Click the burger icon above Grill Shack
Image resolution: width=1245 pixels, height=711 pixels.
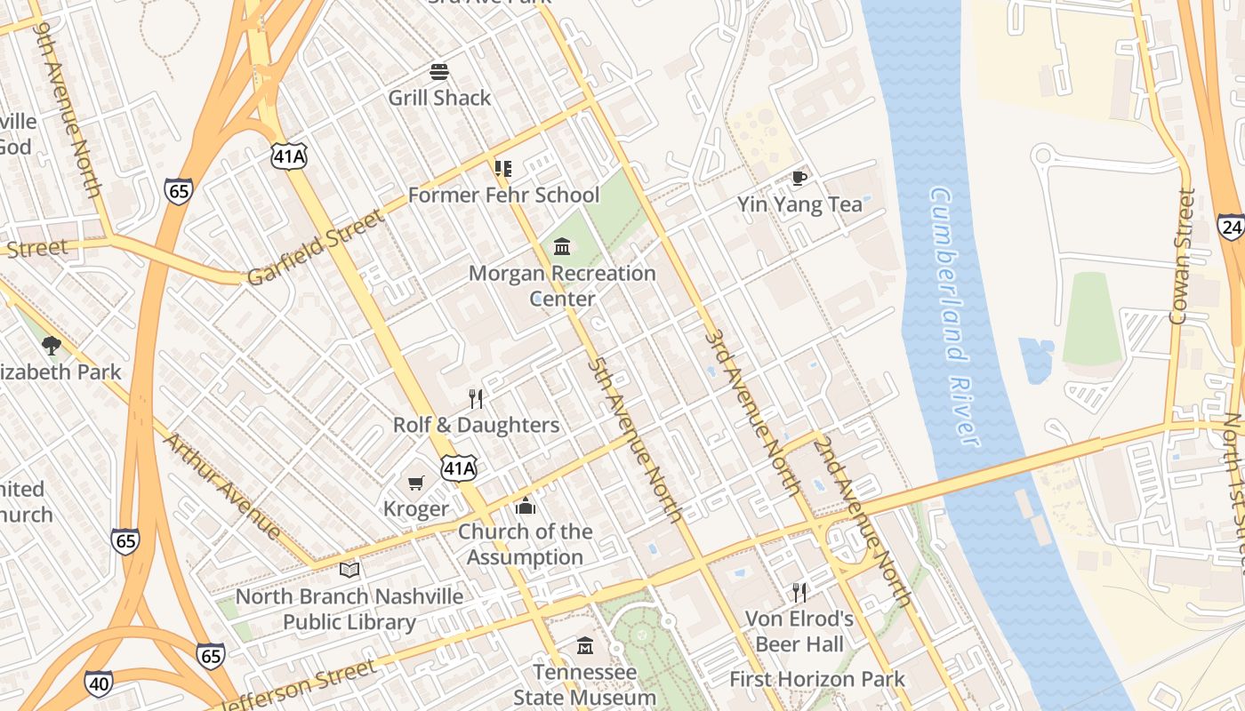coord(439,71)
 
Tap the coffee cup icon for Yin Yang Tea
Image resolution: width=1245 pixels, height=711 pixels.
coord(799,178)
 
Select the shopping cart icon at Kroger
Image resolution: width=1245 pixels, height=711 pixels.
coord(415,483)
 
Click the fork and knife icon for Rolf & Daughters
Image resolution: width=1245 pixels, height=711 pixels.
coord(476,398)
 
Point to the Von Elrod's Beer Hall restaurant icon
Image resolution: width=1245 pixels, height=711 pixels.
coord(799,592)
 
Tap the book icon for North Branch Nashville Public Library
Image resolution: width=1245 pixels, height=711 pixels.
coord(349,570)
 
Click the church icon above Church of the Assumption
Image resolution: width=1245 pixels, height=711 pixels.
coord(526,506)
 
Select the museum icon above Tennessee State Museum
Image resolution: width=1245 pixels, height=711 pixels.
coord(584,645)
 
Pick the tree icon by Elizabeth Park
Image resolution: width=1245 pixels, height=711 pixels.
coord(52,345)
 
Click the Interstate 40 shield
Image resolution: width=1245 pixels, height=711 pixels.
coord(99,683)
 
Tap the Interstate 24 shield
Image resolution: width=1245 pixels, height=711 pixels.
coord(1232,227)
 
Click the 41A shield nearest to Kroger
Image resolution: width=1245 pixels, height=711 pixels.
coord(459,467)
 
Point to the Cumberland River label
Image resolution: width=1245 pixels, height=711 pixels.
coord(954,316)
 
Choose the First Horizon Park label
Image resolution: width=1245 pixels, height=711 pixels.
coord(816,680)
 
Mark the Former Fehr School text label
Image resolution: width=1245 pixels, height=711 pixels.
coord(503,196)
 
